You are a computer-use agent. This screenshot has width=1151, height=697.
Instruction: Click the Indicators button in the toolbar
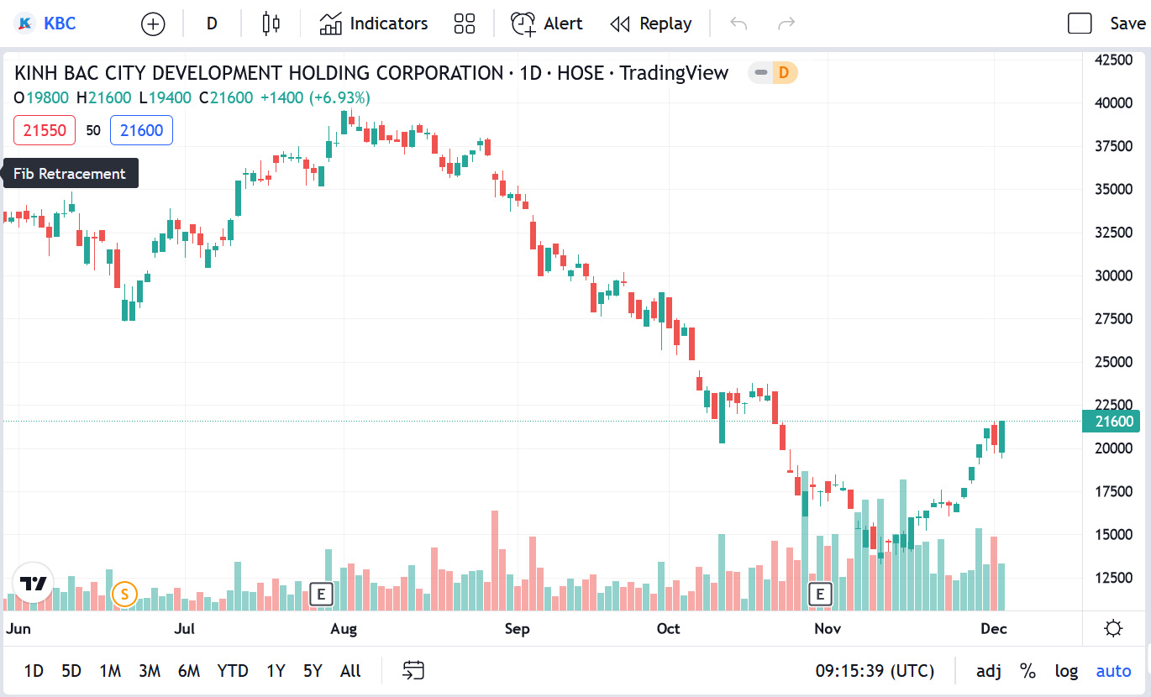click(374, 24)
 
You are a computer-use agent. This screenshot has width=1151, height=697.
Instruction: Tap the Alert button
click(547, 24)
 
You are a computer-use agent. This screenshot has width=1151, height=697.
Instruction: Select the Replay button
click(651, 24)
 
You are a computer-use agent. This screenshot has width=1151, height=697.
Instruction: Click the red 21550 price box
click(45, 130)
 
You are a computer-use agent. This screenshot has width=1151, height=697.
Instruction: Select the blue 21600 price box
click(141, 130)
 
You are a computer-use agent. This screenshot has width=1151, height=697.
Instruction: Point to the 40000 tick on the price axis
click(1113, 103)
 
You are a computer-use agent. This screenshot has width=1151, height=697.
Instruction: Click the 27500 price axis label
click(1113, 318)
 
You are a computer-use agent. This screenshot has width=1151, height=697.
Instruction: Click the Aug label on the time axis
click(344, 629)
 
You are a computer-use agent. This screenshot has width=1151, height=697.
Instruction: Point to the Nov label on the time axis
click(828, 629)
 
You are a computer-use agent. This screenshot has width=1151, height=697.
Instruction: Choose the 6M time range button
click(189, 671)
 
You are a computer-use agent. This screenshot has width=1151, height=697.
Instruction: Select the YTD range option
click(233, 671)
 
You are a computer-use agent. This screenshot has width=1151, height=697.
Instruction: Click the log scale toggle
click(1066, 671)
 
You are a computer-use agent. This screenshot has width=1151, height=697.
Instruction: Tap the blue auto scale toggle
click(1113, 671)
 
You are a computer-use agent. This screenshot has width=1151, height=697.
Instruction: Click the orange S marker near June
click(124, 595)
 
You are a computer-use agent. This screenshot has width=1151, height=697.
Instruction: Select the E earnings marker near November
click(819, 595)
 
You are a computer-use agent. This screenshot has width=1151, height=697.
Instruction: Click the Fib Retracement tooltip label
click(70, 174)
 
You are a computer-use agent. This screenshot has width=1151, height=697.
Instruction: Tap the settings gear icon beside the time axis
click(1114, 628)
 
